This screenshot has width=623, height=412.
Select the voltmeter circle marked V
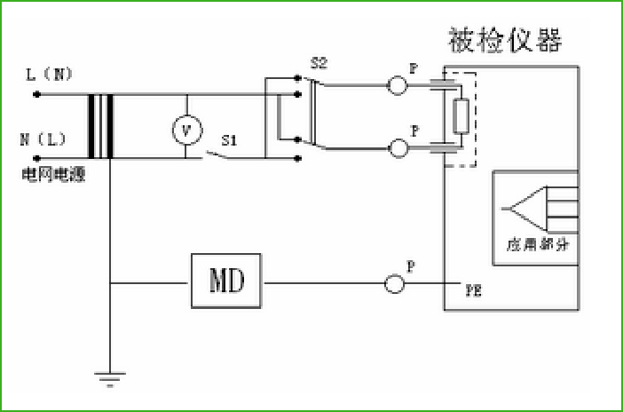(185, 130)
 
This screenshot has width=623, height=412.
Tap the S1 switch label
(228, 139)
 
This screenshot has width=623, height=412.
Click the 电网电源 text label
(53, 175)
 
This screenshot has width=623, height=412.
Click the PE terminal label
(474, 290)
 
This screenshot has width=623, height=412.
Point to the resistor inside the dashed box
(461, 116)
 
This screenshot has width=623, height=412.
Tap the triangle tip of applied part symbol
(504, 210)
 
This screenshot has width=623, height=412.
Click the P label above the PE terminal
(409, 265)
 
